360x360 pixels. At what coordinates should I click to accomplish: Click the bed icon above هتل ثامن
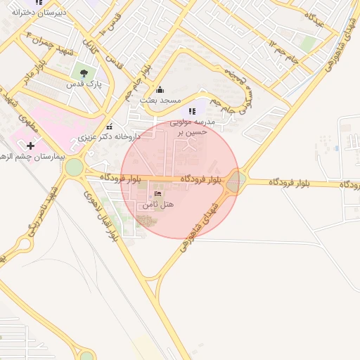(157, 193)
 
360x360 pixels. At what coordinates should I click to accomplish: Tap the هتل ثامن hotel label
(157, 205)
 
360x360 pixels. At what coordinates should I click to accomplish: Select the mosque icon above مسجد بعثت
(160, 89)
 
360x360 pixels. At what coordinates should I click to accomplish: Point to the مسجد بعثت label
(160, 101)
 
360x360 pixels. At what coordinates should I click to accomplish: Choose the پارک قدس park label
(85, 84)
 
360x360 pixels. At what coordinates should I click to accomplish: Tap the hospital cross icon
(30, 146)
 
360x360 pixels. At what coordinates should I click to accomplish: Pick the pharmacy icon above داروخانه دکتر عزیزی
(109, 127)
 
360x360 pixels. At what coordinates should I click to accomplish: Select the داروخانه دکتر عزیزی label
(109, 137)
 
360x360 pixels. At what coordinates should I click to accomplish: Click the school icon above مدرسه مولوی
(192, 110)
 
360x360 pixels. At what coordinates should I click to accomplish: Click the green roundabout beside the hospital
(74, 168)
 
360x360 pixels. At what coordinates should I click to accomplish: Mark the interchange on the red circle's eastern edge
(236, 181)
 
